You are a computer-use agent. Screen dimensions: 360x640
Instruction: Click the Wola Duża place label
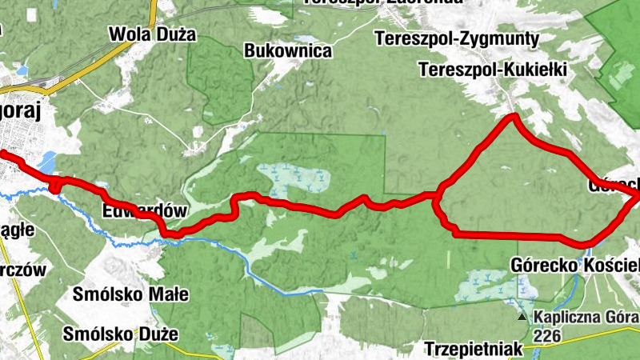pyautogui.click(x=152, y=34)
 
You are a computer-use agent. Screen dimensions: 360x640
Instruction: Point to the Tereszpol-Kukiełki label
pyautogui.click(x=492, y=70)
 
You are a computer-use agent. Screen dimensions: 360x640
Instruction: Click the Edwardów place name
pyautogui.click(x=144, y=212)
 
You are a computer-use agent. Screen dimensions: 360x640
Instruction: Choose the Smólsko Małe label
pyautogui.click(x=130, y=294)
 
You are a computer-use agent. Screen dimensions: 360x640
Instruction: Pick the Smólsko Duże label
pyautogui.click(x=122, y=334)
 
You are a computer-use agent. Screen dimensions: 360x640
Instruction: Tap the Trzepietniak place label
pyautogui.click(x=474, y=349)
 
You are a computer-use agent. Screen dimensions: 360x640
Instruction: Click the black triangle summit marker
pyautogui.click(x=522, y=318)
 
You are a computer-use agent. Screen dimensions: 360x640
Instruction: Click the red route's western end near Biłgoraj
pyautogui.click(x=2, y=152)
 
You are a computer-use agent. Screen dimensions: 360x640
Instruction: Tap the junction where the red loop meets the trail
pyautogui.click(x=438, y=194)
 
